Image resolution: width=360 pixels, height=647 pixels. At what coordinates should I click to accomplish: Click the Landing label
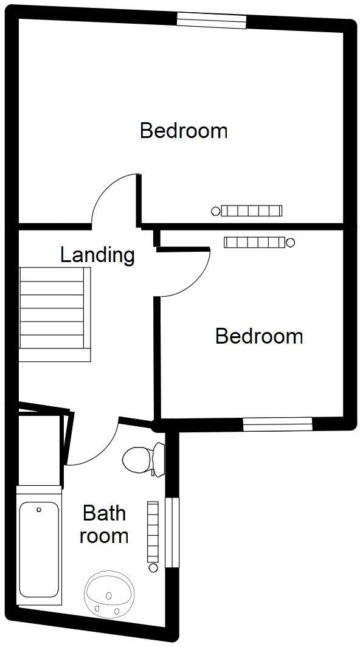(97, 255)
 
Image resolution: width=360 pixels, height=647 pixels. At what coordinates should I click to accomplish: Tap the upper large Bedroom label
(184, 131)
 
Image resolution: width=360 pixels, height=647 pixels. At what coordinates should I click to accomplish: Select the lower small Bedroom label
(259, 336)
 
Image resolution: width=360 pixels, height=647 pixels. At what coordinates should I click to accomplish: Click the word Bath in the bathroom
(105, 513)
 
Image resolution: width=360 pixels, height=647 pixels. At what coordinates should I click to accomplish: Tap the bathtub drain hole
(39, 510)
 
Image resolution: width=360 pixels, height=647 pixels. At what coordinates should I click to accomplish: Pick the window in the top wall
(211, 21)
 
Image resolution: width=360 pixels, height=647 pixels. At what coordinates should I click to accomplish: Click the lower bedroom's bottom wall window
(277, 424)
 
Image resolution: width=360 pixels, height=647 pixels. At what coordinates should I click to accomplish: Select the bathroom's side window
(173, 532)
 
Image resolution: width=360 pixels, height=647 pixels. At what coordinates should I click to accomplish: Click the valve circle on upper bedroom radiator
(215, 212)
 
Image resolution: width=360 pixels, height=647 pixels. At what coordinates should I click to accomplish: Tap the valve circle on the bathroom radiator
(153, 567)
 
